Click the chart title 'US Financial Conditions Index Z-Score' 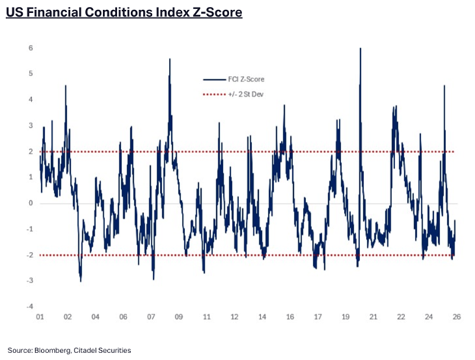pos(123,14)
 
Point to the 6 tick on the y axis pos(30,48)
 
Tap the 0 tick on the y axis pos(30,203)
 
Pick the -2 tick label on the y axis pos(29,255)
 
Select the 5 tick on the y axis pos(30,74)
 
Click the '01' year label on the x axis pos(40,317)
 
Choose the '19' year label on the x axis pos(345,317)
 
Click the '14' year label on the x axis pos(261,317)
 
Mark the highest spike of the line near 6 pos(359,49)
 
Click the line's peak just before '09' pos(169,59)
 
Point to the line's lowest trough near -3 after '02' pos(81,281)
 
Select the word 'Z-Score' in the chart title pos(215,14)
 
